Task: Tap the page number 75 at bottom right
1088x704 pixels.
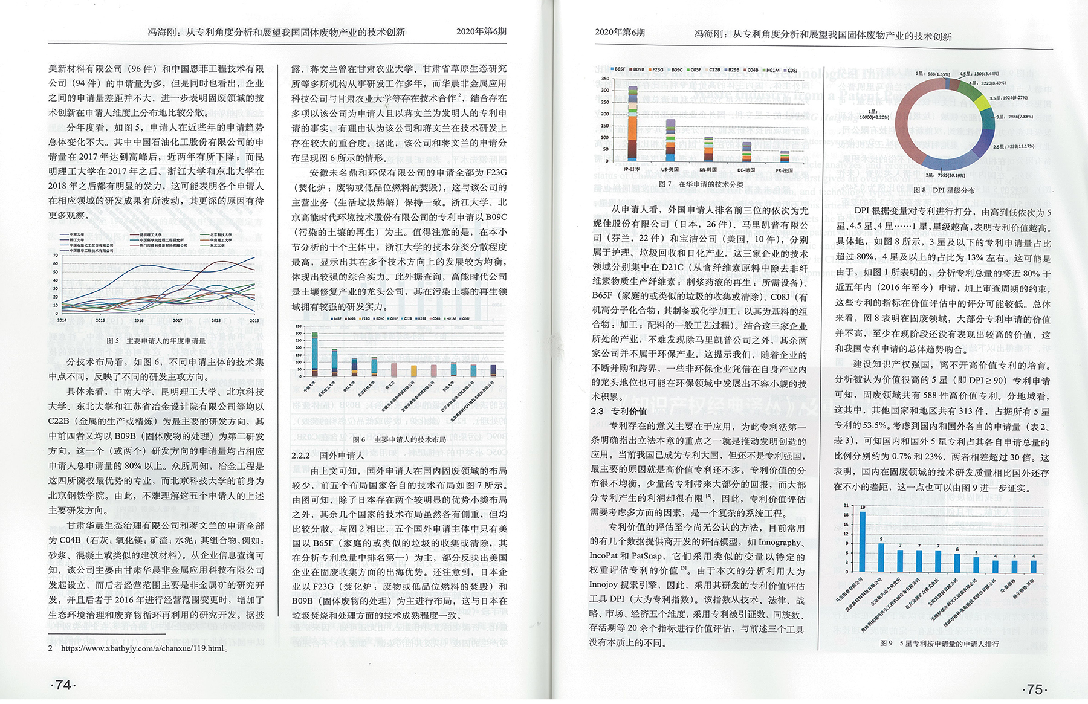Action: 1035,689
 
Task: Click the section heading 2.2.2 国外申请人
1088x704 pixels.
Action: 328,455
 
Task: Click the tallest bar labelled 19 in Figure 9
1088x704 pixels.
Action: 863,541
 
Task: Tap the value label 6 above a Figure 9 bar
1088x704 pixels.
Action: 957,549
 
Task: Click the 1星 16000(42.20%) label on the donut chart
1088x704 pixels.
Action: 874,114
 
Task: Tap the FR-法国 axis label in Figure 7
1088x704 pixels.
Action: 785,170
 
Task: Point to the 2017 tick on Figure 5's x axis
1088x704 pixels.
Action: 177,321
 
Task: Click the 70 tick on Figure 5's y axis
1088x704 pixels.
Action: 56,255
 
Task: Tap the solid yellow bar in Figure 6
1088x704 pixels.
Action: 414,370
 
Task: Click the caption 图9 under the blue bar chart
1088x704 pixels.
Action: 939,644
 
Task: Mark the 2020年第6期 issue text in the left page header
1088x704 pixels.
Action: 481,31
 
